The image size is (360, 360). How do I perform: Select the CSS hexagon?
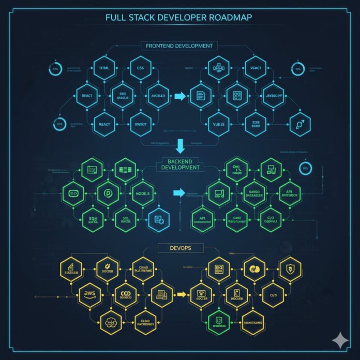[x=140, y=68]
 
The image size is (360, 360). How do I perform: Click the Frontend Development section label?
[x=179, y=46]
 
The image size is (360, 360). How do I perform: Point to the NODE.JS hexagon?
[x=142, y=194]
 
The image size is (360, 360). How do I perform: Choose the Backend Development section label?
[x=180, y=164]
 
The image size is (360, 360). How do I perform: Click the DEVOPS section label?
[x=180, y=248]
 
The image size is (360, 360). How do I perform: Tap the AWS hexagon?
[x=89, y=294]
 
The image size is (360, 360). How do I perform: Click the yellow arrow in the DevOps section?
[x=181, y=294]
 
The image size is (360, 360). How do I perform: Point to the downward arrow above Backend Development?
[x=180, y=146]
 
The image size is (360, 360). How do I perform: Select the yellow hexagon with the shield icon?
[x=290, y=267]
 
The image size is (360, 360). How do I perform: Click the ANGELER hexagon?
[x=157, y=96]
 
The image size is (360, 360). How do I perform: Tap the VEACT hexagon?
[x=255, y=68]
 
